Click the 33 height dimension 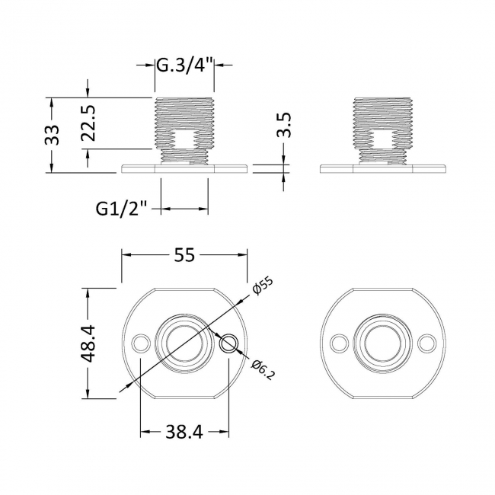tap(52, 136)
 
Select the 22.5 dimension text tap(88, 123)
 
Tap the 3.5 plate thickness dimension tap(283, 124)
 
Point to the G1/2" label tap(121, 206)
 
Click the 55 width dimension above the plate tap(184, 256)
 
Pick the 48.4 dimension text tap(88, 343)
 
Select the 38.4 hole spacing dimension tap(184, 433)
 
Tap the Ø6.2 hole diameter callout tap(261, 368)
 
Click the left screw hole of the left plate tap(139, 344)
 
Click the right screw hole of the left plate tap(228, 344)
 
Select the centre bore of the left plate tap(184, 344)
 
